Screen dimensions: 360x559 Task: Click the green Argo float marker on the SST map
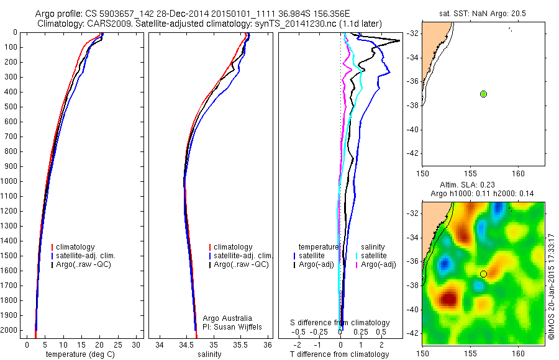pos(483,94)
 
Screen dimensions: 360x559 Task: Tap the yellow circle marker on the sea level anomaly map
pos(483,274)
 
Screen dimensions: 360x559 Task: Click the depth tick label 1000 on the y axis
pos(10,181)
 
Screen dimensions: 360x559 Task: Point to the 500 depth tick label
pos(12,107)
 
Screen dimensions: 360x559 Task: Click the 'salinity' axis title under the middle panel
pos(209,354)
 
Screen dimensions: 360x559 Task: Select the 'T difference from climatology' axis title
pos(339,354)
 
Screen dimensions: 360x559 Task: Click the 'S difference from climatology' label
pos(340,323)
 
